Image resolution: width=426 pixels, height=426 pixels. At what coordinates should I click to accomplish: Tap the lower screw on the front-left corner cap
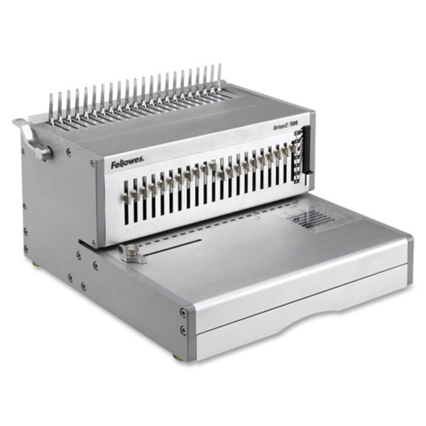coord(183,329)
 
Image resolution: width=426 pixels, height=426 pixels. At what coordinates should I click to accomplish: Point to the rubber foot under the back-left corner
coord(35,263)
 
